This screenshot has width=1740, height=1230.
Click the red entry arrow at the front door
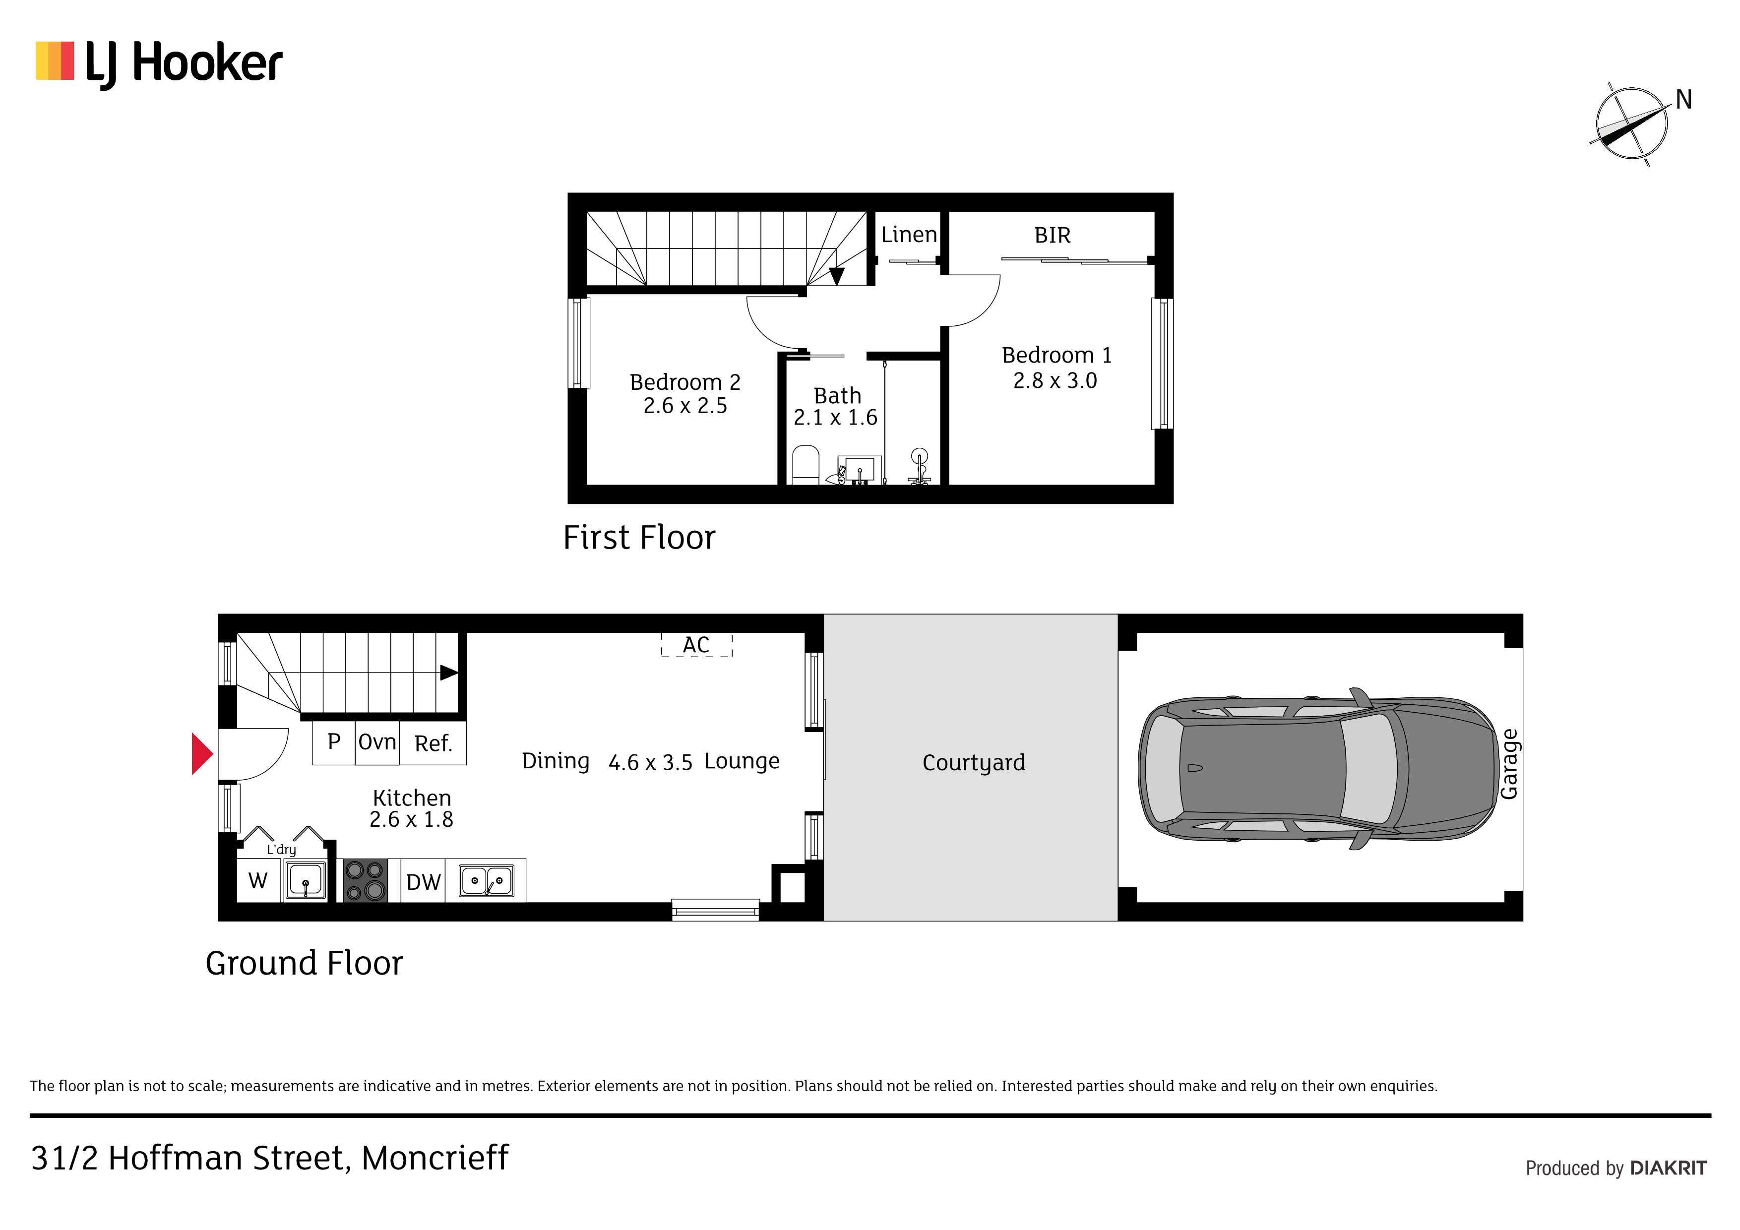(201, 754)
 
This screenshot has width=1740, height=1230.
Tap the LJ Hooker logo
(159, 63)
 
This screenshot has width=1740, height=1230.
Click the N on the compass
(1684, 99)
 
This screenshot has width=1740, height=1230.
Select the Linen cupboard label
(909, 235)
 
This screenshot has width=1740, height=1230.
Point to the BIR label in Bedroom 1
(1053, 236)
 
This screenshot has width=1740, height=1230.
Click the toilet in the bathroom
(806, 465)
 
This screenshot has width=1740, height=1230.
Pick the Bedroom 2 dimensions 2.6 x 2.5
(685, 406)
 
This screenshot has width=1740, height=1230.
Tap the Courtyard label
(974, 762)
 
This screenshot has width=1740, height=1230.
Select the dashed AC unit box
(696, 645)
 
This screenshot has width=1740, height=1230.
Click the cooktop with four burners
(365, 881)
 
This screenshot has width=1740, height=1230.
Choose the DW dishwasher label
(423, 882)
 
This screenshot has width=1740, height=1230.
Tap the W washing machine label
(257, 881)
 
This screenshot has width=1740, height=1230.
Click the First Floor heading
(639, 537)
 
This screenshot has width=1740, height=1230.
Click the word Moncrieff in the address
(435, 1158)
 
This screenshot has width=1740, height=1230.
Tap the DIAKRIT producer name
(1668, 1168)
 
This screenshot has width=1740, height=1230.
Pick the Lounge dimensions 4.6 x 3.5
(650, 762)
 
